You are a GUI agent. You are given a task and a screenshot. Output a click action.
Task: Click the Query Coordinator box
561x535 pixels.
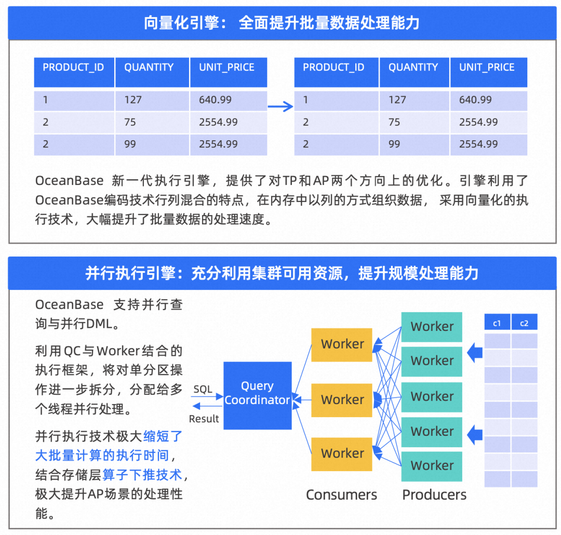coord(257,395)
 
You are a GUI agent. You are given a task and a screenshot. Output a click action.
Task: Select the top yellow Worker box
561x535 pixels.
coord(342,344)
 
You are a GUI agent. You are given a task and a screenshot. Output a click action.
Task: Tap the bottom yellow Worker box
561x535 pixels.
coord(342,453)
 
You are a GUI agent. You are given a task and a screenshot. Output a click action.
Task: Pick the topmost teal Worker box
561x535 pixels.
coord(432,327)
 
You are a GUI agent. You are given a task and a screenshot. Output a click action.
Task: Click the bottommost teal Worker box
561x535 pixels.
coord(432,466)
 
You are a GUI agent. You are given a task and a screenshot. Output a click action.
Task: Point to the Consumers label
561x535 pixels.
coord(341,494)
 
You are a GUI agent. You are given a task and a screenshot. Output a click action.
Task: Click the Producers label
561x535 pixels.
coord(434,494)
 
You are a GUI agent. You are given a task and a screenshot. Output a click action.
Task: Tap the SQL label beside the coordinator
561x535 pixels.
coord(203,389)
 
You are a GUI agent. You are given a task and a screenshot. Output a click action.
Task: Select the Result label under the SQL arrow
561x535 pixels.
coord(204,419)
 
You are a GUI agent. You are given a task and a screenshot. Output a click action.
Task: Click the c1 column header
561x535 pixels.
coord(497,323)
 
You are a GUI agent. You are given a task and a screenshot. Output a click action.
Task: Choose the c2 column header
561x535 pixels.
coord(524,323)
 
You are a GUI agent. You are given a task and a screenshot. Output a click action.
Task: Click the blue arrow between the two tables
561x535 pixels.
coord(280,107)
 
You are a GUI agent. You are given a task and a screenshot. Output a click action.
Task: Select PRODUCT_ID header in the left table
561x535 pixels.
coord(73,68)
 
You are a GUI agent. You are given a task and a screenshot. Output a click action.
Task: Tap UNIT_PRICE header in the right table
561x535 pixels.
coord(487,68)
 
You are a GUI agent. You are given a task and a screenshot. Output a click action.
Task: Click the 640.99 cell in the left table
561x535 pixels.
coord(215,100)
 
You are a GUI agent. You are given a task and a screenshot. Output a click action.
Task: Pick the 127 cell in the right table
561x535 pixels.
coord(397,100)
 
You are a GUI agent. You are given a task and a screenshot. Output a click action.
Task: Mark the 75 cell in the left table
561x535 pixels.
coord(130,122)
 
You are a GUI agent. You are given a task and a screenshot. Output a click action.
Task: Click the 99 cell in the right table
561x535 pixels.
coord(394,144)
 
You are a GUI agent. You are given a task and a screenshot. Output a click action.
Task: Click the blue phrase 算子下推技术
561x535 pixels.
coord(142,474)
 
